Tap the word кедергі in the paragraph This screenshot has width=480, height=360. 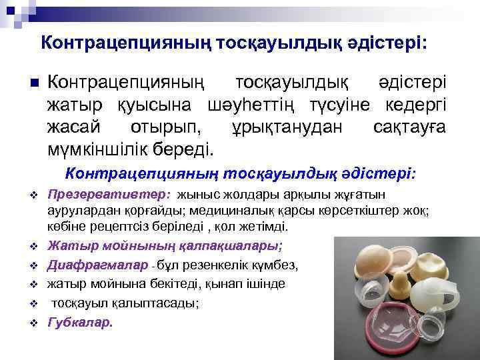coord(417,104)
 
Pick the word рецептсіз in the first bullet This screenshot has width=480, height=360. coord(109,227)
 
